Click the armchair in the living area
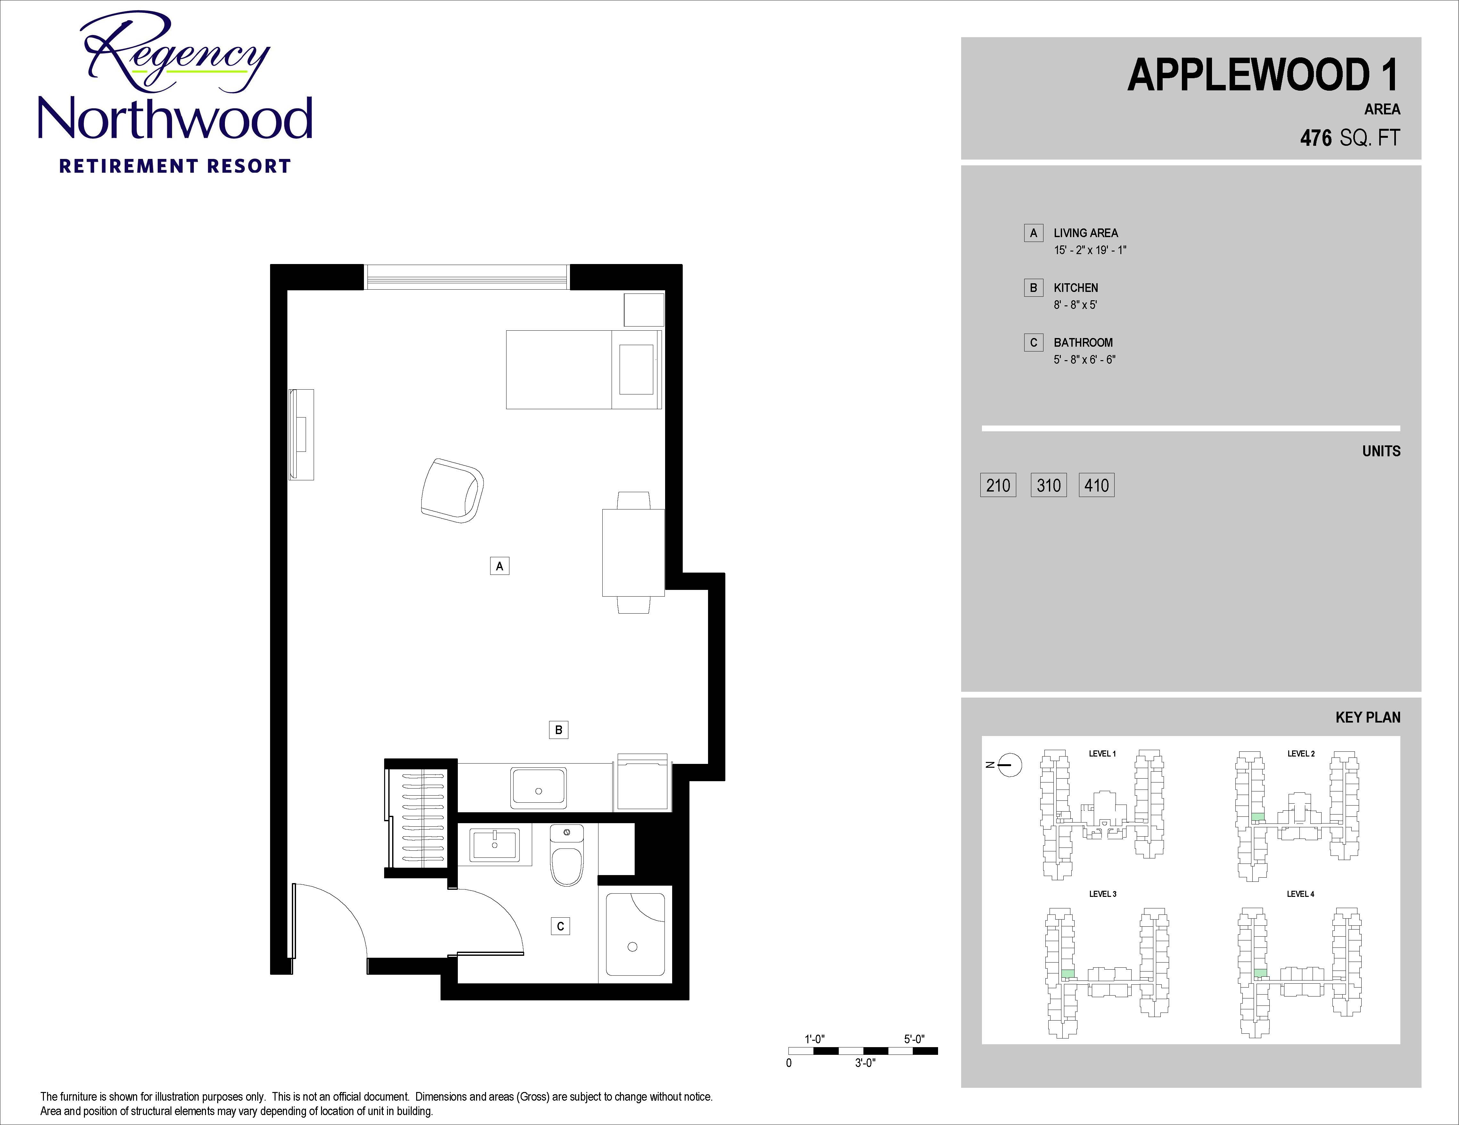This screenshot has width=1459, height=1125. pos(452,490)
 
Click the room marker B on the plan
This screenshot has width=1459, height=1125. pos(558,730)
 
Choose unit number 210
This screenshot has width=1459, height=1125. pos(998,485)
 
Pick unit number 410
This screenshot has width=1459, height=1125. pos(1096,485)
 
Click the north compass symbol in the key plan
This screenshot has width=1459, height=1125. pos(1010,765)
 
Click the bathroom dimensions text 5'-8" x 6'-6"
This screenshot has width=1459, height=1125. pos(1084,360)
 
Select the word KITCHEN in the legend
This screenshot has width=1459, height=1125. pos(1076,288)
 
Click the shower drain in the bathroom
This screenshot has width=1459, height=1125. pos(633,947)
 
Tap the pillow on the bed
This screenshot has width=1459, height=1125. pos(636,369)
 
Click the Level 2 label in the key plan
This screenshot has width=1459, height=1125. pos(1301,754)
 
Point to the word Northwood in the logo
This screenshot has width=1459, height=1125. pos(175,118)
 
